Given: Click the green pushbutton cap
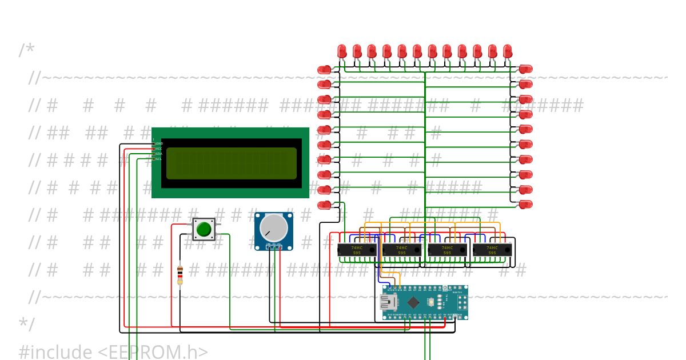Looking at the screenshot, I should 204,229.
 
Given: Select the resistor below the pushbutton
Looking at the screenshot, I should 180,274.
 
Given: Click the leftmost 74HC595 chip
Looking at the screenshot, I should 357,250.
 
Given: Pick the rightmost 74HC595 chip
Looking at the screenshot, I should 492,250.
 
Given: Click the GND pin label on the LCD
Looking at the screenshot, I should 159,143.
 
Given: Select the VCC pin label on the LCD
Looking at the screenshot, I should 159,149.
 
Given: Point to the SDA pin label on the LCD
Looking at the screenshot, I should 159,154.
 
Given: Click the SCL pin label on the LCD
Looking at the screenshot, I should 159,159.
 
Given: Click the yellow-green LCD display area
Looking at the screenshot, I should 232,163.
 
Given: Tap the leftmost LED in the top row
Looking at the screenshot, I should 342,51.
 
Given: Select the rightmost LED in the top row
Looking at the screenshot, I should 507,51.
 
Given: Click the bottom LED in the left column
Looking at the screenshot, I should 324,204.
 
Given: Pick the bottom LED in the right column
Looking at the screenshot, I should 525,204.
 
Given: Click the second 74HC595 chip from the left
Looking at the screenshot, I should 402,250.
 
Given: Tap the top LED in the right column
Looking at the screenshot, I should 525,69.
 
